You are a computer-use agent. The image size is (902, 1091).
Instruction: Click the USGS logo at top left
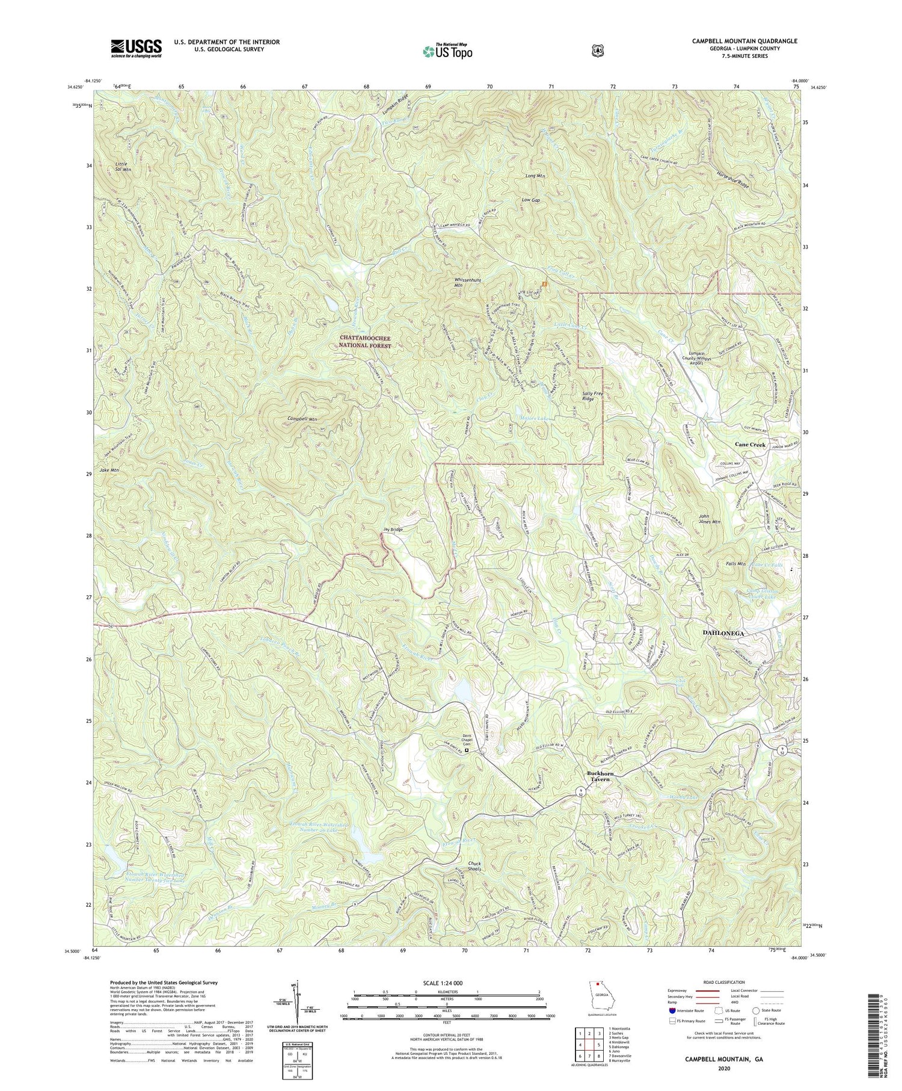click(x=136, y=48)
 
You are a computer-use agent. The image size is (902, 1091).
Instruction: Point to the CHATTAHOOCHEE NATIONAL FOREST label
click(x=366, y=341)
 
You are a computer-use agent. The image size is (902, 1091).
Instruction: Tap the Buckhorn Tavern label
click(x=599, y=775)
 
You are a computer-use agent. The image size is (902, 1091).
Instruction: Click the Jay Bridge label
click(x=392, y=530)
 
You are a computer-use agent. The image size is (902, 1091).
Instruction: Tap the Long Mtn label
click(x=534, y=176)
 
